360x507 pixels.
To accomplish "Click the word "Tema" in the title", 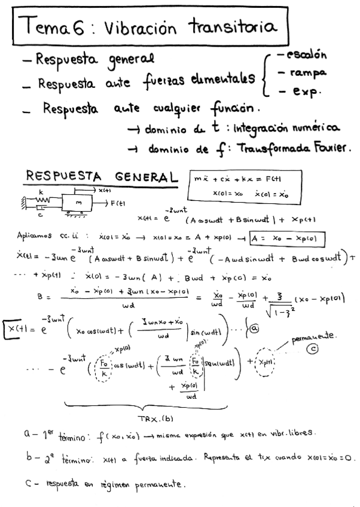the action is [43, 28].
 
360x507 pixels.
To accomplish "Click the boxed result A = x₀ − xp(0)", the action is [286, 239].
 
